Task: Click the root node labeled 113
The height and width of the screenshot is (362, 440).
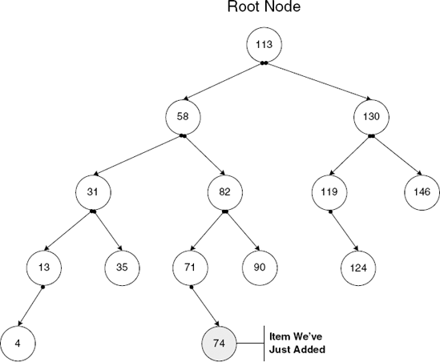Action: [264, 45]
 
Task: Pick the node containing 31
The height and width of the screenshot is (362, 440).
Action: [93, 192]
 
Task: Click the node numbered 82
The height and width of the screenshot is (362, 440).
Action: [224, 192]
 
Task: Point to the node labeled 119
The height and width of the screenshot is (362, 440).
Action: [329, 192]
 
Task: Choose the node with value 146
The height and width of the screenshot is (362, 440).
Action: [422, 192]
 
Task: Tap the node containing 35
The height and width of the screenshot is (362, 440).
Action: [122, 267]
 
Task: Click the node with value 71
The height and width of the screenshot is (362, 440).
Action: [191, 267]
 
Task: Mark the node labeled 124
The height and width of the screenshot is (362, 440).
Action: [357, 267]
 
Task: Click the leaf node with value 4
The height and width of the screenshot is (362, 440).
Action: [17, 342]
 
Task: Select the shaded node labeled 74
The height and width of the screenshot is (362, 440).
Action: [218, 342]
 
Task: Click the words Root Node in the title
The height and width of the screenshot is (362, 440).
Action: [264, 10]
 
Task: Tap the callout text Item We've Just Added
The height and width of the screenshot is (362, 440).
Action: [297, 342]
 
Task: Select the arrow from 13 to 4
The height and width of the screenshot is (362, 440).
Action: [30, 304]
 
